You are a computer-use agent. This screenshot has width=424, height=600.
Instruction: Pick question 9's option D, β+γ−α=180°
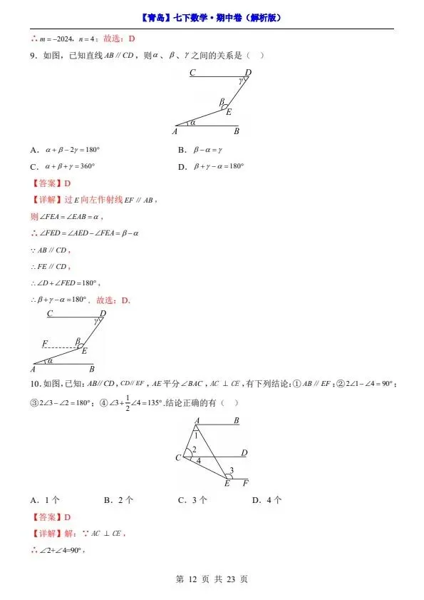219,166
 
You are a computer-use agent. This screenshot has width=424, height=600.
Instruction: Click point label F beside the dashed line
44,344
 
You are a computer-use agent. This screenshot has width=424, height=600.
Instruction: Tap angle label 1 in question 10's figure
196,435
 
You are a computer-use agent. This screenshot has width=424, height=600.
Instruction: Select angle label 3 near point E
231,469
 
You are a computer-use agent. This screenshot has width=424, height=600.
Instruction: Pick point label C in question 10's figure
178,457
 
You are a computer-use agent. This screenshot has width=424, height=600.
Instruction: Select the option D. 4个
267,500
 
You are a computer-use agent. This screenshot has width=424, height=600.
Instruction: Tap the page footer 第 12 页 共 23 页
212,579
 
